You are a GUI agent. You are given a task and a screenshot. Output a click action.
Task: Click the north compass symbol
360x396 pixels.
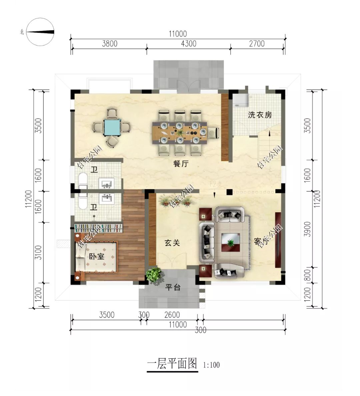click(40, 32)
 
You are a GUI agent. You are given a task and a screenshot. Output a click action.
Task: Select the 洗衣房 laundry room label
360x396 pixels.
click(260, 115)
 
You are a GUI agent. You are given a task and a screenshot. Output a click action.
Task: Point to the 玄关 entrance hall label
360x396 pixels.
click(172, 243)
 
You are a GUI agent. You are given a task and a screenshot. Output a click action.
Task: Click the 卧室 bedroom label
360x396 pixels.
click(96, 257)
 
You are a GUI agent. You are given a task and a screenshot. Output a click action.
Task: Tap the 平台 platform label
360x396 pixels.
click(173, 287)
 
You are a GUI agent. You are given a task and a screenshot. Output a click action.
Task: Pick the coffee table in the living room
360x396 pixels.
click(230, 240)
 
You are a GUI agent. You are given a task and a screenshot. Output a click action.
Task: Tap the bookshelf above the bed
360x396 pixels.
click(99, 229)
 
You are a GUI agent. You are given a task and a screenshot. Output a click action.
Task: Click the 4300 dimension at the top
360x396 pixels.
click(188, 44)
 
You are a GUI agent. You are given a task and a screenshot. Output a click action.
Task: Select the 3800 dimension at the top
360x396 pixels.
click(109, 44)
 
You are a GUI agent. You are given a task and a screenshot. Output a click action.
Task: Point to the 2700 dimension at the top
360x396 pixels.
click(256, 44)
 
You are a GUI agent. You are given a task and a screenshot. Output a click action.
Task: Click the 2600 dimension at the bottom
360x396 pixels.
click(172, 315)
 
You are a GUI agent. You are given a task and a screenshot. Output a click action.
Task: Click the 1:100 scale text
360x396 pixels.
click(211, 365)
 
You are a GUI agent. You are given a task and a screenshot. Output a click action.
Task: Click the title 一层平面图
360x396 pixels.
click(172, 364)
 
